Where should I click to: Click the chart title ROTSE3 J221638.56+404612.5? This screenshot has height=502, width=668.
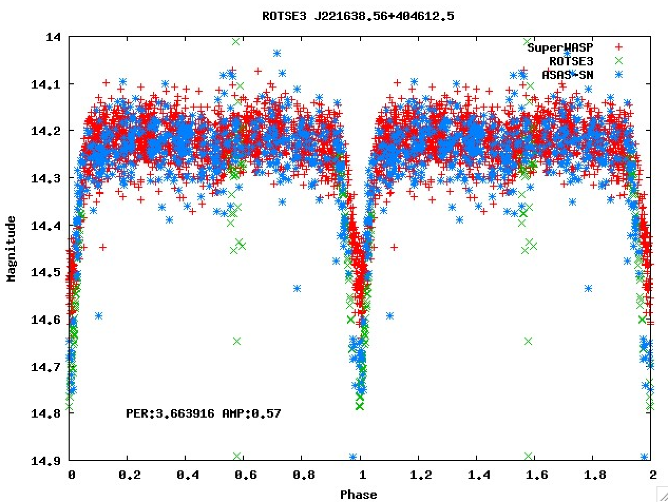click(x=358, y=16)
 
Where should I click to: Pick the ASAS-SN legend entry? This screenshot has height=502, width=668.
click(x=567, y=75)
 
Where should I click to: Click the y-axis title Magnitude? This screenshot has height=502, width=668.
click(x=11, y=248)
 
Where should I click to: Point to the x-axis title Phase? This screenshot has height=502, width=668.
click(x=358, y=494)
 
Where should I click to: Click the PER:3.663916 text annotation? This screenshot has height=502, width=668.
click(x=170, y=413)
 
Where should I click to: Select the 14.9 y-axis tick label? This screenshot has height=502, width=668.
click(x=49, y=461)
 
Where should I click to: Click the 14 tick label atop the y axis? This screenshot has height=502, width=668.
click(x=54, y=37)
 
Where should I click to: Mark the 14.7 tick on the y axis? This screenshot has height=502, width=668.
click(x=49, y=366)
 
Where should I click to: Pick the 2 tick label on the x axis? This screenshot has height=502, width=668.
click(x=653, y=474)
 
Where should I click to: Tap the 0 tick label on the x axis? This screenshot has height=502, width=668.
click(x=71, y=474)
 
